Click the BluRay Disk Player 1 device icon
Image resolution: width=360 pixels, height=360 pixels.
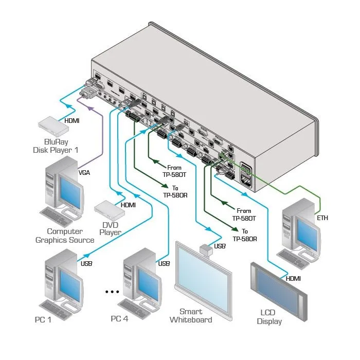tap(53, 127)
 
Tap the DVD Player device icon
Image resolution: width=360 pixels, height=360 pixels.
tap(110, 211)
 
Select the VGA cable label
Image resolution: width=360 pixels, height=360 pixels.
tap(84, 173)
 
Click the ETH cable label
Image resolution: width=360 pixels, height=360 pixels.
tap(322, 218)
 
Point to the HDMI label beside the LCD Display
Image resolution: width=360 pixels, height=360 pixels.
tap(293, 279)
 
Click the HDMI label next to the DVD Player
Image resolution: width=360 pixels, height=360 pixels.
tap(128, 205)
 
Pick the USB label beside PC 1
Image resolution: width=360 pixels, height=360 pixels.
tap(86, 263)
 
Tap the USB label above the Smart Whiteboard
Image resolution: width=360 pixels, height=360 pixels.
tap(220, 246)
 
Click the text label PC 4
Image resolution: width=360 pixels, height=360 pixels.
tap(119, 319)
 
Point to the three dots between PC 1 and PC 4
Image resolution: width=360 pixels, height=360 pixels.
tap(112, 292)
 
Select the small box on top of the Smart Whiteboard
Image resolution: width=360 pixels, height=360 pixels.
tap(206, 249)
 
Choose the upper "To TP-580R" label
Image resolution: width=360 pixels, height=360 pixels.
tap(175, 192)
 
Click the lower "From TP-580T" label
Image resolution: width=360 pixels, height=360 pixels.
tap(244, 214)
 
